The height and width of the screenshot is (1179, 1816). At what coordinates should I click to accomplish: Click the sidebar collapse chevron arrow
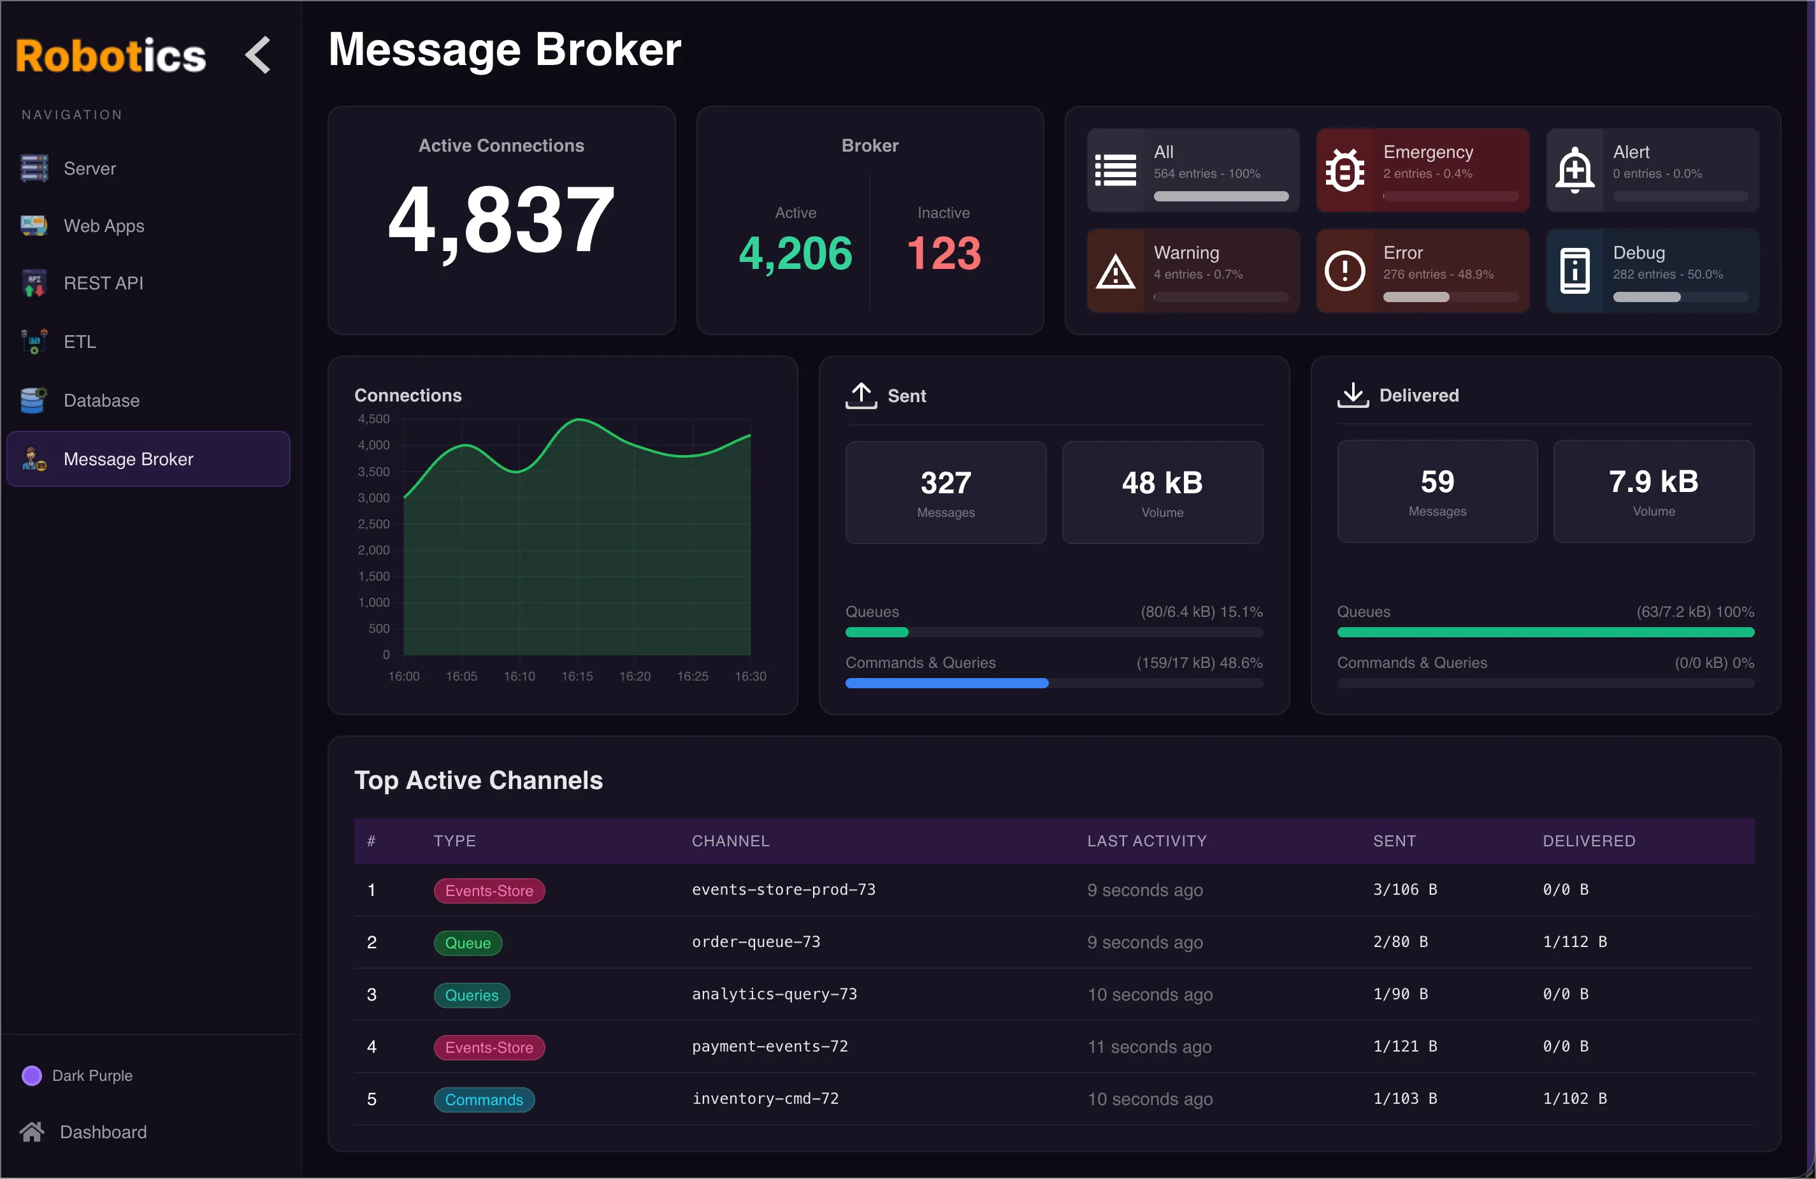click(x=259, y=55)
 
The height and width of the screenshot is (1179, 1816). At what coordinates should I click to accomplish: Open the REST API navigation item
click(x=103, y=283)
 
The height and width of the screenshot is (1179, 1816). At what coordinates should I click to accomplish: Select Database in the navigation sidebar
click(x=101, y=401)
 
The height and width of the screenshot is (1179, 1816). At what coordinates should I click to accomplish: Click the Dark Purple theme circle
click(x=31, y=1075)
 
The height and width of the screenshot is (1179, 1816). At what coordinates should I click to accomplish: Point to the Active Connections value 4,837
click(x=501, y=221)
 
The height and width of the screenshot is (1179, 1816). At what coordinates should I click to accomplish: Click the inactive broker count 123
click(x=943, y=254)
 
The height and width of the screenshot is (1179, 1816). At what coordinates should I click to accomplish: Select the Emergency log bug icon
click(x=1344, y=170)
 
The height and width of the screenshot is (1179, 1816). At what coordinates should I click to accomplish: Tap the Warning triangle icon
click(x=1115, y=271)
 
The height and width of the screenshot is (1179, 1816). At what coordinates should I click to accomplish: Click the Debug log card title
click(x=1638, y=252)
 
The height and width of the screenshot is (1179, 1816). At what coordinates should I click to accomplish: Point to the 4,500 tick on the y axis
click(x=374, y=419)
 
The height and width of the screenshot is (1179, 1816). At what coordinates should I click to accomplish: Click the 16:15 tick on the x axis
click(x=577, y=676)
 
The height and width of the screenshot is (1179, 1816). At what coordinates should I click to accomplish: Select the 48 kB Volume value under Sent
click(x=1162, y=483)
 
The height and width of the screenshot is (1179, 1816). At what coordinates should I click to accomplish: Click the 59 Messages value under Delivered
click(x=1437, y=482)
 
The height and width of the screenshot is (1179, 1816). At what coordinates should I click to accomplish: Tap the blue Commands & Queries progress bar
click(x=946, y=683)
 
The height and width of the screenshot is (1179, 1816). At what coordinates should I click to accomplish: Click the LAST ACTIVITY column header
click(x=1146, y=841)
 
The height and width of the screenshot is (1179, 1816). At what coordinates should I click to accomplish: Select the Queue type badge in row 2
click(x=468, y=943)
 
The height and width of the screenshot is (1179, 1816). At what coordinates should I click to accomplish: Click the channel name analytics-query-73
click(x=774, y=994)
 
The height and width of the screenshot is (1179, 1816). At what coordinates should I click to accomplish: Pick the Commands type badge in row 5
click(x=484, y=1099)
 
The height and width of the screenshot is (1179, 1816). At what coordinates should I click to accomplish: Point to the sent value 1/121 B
click(x=1405, y=1046)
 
